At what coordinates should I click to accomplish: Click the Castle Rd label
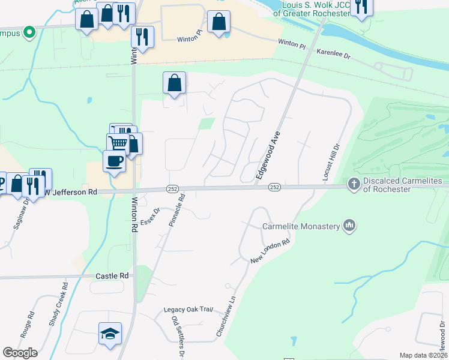tap(112, 275)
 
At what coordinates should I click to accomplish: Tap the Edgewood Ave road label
tap(268, 155)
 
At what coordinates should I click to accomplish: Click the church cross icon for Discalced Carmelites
tap(354, 184)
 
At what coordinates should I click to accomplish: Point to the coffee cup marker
tap(114, 161)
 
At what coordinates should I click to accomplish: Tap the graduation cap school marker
tap(110, 334)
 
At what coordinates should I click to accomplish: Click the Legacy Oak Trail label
tap(188, 310)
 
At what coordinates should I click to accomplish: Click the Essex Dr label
tap(150, 217)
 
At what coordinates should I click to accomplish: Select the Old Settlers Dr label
tap(178, 338)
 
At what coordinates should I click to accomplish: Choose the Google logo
tap(20, 352)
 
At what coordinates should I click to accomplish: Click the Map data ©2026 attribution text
tap(423, 355)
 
